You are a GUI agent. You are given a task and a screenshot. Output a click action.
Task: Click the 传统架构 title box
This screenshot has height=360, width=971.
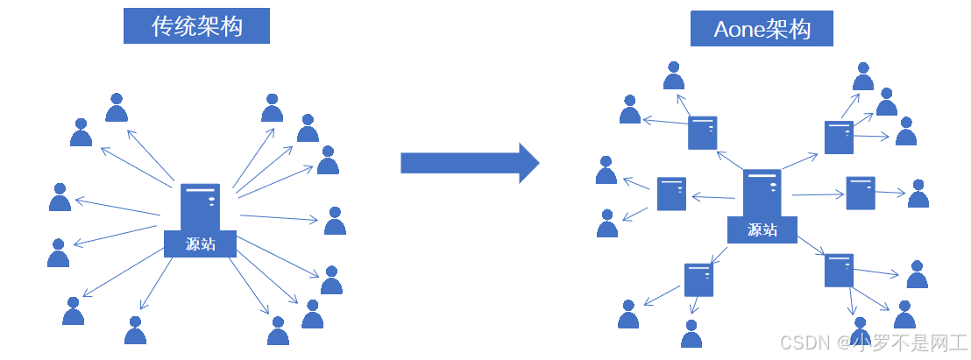[196, 27]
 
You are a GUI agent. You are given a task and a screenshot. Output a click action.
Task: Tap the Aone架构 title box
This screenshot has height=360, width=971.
[762, 30]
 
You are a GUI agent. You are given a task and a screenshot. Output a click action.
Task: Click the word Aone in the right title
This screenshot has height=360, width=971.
[739, 30]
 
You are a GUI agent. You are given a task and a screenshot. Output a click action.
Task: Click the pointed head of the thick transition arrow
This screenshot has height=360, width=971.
[528, 162]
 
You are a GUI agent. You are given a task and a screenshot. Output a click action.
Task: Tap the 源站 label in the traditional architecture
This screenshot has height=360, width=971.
[200, 244]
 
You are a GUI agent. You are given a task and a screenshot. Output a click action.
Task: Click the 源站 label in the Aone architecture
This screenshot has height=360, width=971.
[762, 229]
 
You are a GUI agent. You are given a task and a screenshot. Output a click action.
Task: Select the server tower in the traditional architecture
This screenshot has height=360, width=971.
[200, 208]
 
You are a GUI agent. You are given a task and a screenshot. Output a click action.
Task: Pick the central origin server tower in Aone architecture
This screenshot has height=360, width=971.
[762, 193]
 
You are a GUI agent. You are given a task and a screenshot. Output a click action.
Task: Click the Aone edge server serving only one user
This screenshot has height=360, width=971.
[860, 193]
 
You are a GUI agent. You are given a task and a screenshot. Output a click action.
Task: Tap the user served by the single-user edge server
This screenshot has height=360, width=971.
[918, 194]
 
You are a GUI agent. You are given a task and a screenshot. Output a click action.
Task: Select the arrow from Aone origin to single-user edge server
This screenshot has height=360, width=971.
[817, 194]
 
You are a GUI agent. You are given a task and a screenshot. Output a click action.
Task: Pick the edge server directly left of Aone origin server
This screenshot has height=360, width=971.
[671, 194]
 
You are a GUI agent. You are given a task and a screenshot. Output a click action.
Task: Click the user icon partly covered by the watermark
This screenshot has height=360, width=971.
[859, 331]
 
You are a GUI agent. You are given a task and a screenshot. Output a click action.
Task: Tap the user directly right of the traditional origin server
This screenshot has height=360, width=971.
[335, 222]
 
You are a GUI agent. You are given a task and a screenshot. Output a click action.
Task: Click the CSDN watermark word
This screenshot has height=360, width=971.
[798, 341]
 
